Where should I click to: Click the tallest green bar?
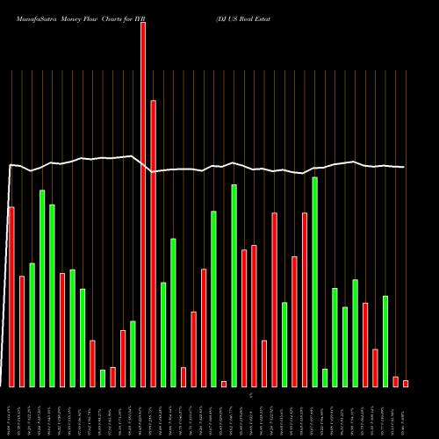(x=314, y=282)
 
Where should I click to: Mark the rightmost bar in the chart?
(x=406, y=383)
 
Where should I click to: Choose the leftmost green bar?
(x=32, y=325)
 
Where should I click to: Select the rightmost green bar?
(x=385, y=342)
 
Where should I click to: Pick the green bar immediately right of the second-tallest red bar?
(x=163, y=335)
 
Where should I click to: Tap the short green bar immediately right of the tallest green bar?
(x=325, y=378)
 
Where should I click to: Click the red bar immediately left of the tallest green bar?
(x=305, y=299)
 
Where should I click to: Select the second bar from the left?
(x=22, y=331)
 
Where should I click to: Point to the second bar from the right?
(x=396, y=381)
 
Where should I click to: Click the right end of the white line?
(x=404, y=167)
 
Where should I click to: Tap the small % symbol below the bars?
(x=250, y=396)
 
